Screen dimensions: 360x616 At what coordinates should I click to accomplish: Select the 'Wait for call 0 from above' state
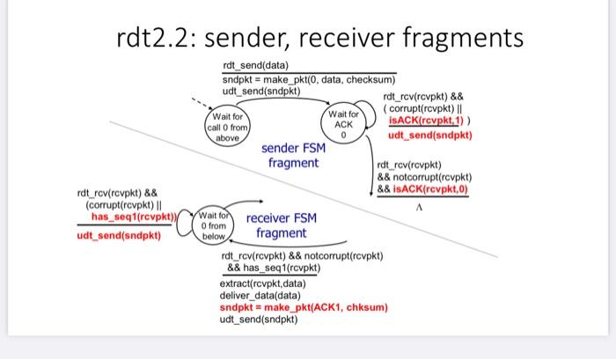[x=228, y=128]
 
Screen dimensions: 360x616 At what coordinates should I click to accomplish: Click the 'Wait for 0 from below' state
[x=215, y=225]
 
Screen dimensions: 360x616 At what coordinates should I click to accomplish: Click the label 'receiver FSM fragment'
[x=282, y=225]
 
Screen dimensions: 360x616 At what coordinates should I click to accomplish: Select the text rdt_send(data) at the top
[x=255, y=66]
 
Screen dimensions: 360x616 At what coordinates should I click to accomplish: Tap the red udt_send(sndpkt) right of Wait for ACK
[x=429, y=136]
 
